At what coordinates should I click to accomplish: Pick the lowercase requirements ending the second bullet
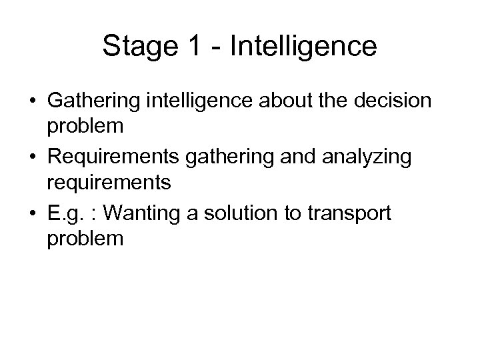click(107, 180)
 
